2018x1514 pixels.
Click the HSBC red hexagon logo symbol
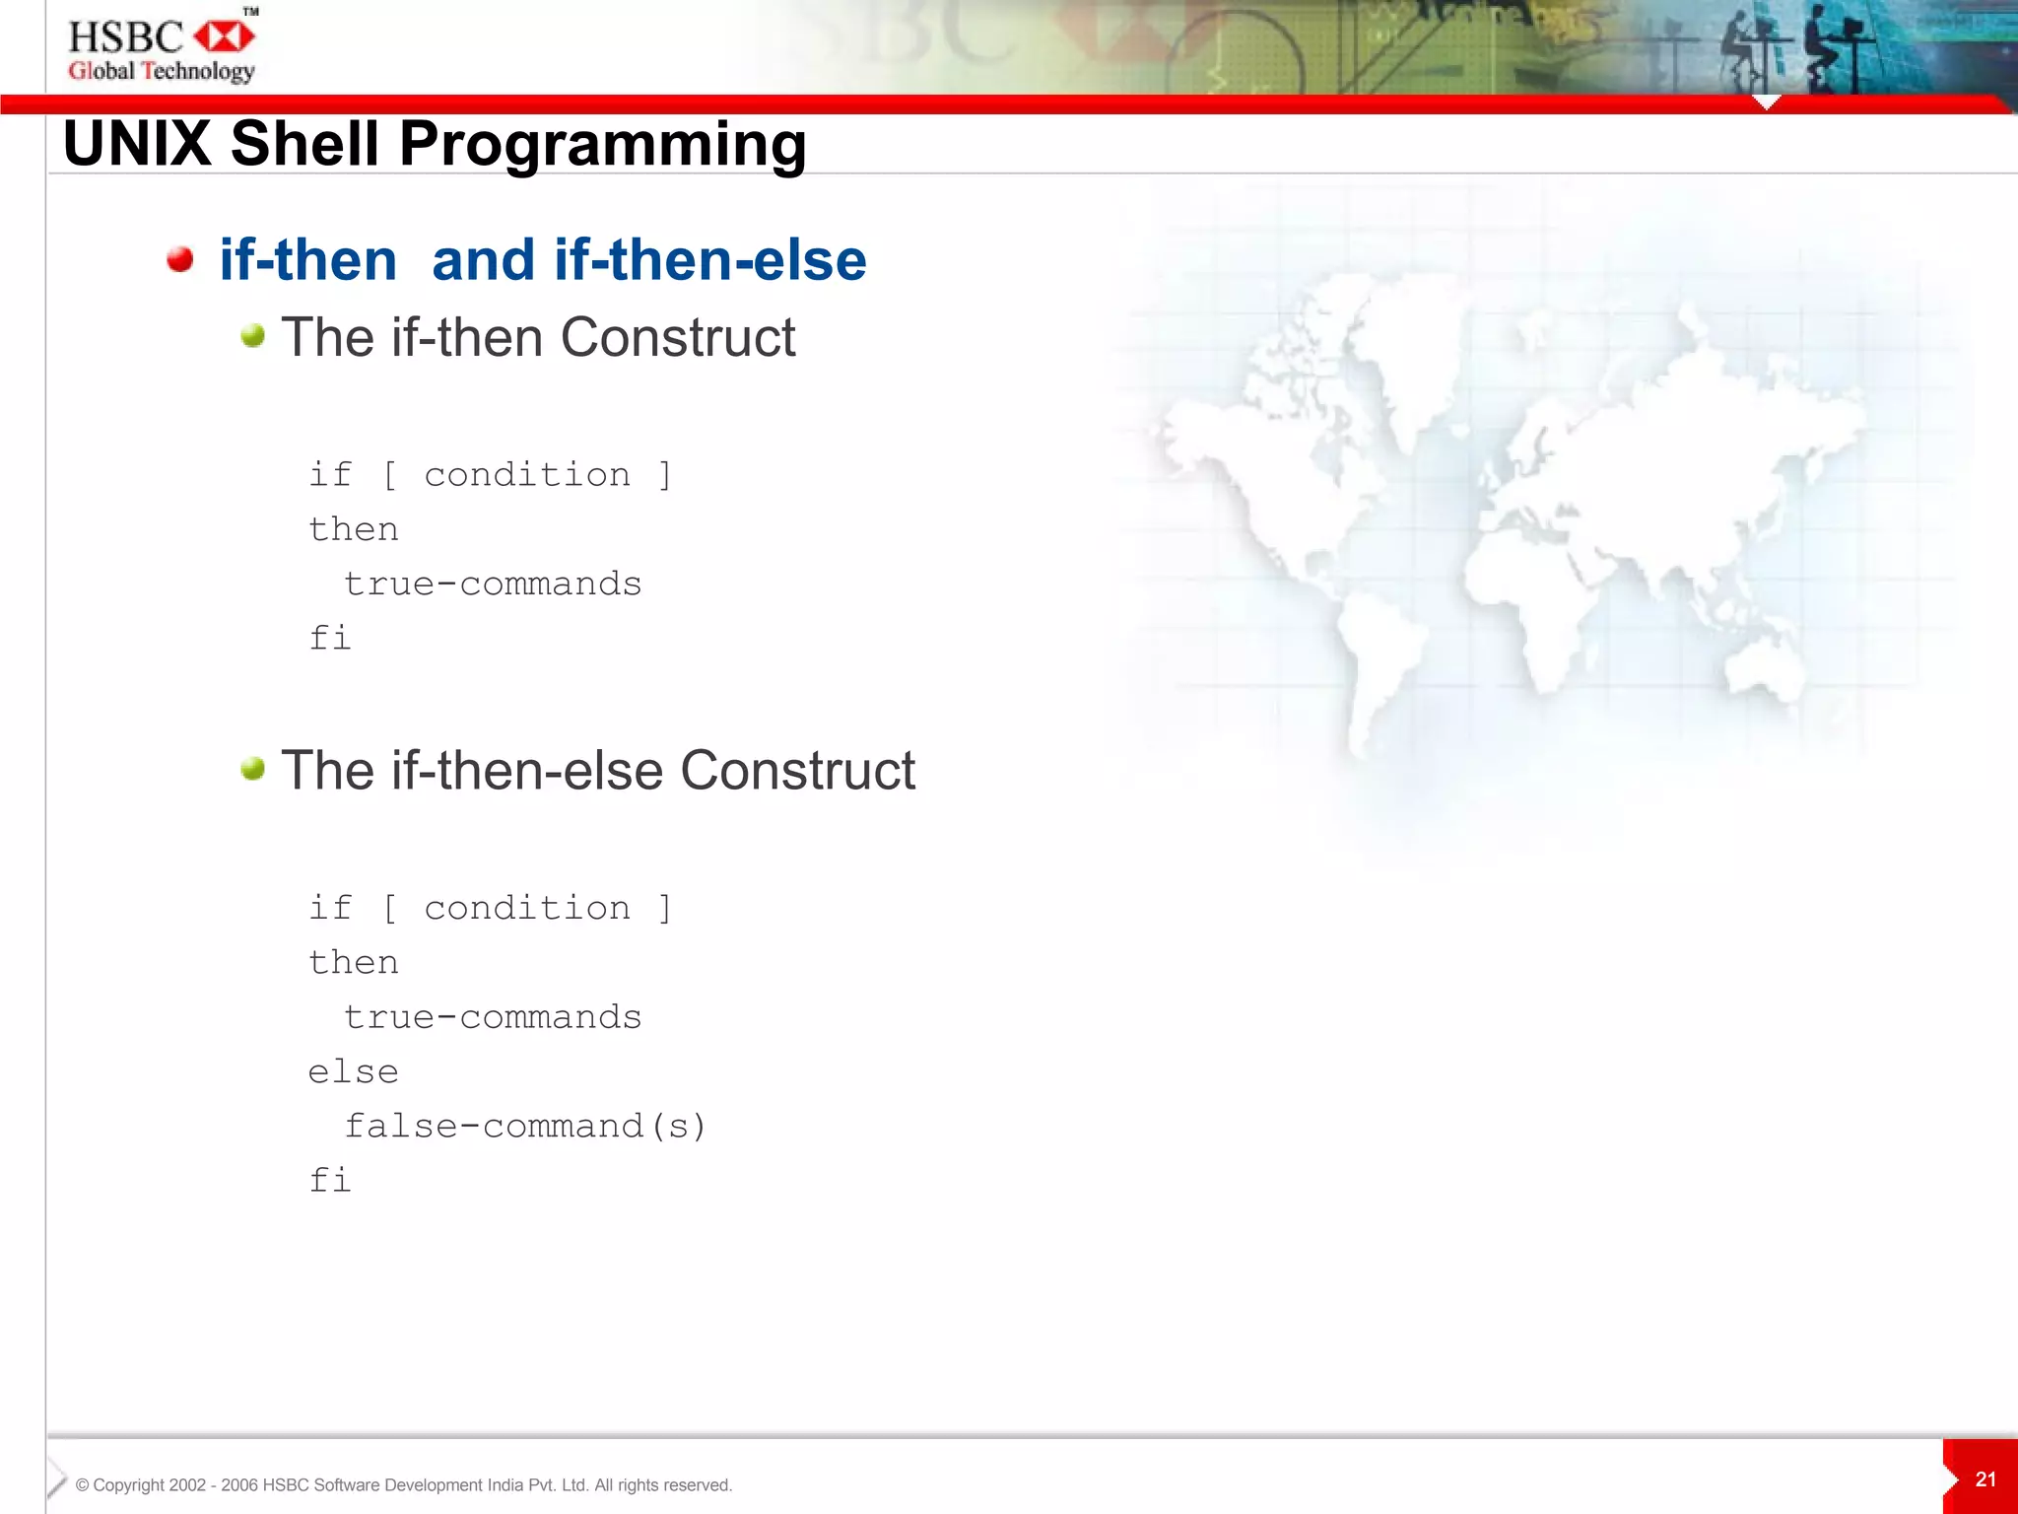point(224,37)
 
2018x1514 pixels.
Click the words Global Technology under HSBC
point(162,71)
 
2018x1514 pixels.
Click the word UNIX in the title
point(137,144)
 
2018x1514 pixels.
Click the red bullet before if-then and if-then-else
point(179,259)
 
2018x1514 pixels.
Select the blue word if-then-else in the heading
point(709,260)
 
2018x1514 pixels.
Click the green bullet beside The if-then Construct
point(253,336)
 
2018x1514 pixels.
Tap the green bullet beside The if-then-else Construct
point(253,769)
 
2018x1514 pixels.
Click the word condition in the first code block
point(527,475)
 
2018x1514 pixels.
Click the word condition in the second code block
point(527,908)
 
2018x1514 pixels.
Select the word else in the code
point(353,1071)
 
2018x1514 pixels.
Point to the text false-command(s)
point(525,1126)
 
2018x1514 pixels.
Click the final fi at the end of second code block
point(329,1180)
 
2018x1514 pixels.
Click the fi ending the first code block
point(329,638)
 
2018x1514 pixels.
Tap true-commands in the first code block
point(493,584)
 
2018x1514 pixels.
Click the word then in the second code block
point(353,962)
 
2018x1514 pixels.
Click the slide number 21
point(1985,1479)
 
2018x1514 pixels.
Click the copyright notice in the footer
point(403,1485)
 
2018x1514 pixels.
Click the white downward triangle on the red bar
point(1767,103)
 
